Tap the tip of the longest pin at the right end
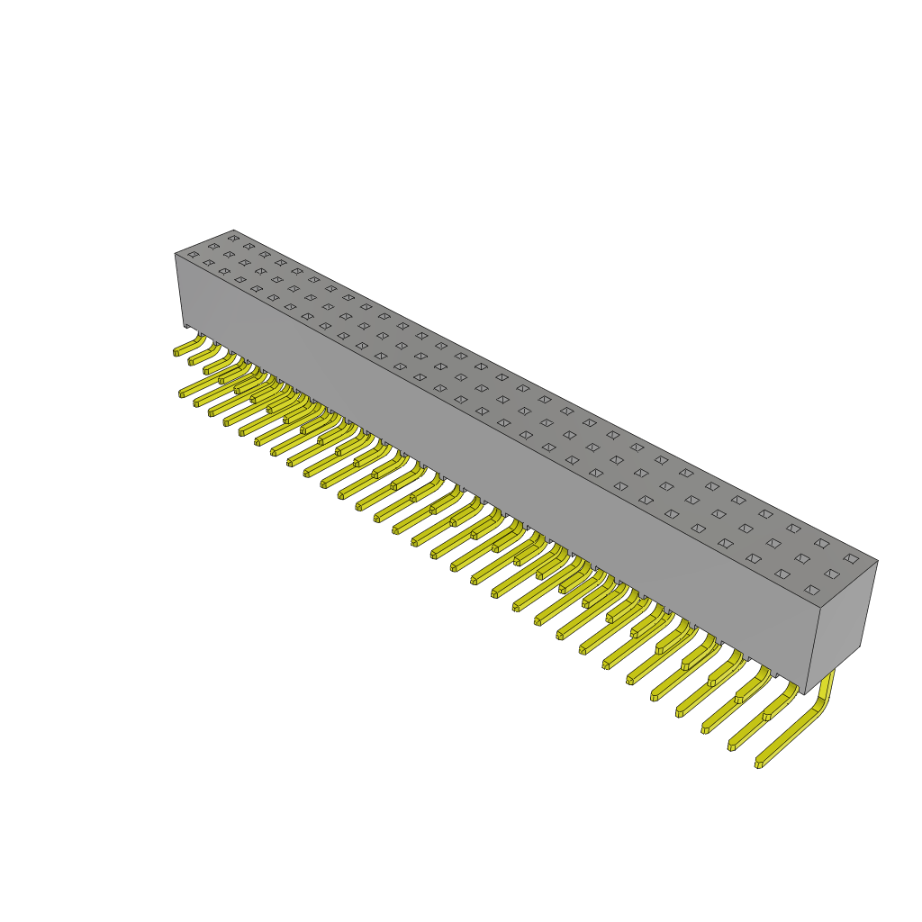[759, 764]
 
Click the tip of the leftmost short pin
[177, 352]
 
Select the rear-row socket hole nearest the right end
[851, 558]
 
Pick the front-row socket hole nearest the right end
[811, 590]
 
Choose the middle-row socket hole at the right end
[831, 574]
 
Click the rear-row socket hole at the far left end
[233, 238]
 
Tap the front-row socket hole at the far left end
[193, 255]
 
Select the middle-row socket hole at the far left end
[213, 246]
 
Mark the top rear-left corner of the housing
[232, 231]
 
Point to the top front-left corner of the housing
[176, 254]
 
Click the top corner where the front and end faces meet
[821, 608]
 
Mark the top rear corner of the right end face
[877, 561]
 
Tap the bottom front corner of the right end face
[806, 693]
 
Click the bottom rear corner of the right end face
[860, 645]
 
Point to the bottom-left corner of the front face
[185, 324]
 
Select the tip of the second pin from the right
[732, 746]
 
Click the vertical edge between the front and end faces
[814, 650]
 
